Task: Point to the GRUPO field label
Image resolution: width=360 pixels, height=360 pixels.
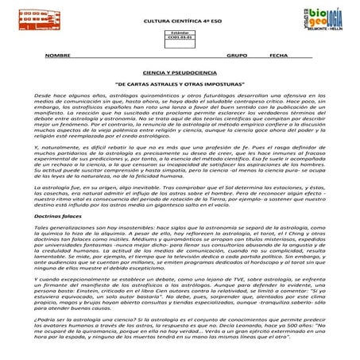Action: (237, 57)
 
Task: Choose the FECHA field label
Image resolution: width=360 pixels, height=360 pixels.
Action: (279, 57)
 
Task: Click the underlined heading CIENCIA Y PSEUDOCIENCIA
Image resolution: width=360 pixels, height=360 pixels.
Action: (180, 72)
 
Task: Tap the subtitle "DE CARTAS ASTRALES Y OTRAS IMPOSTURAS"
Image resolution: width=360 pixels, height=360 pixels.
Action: (180, 83)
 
